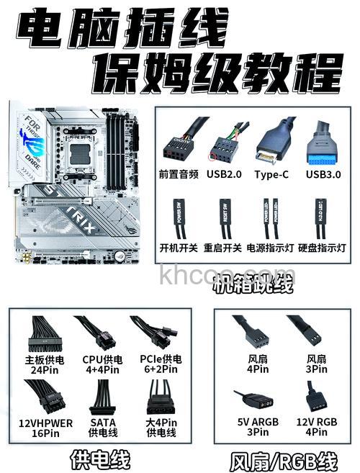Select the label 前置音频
(179, 174)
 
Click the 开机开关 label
(179, 248)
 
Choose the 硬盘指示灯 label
(322, 248)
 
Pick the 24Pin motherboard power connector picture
(44, 334)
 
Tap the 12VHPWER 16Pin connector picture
(46, 395)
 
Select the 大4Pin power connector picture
(161, 397)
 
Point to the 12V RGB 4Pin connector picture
(315, 397)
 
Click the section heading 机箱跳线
(253, 287)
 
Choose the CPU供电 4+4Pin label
(102, 364)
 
